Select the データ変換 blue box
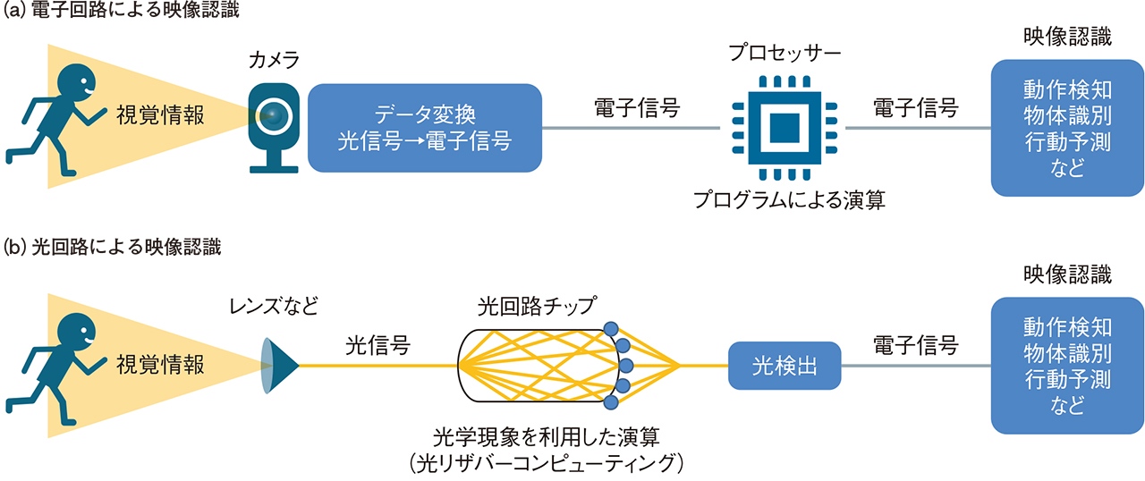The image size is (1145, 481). (425, 128)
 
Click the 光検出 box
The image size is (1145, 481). (785, 366)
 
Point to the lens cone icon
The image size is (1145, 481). (279, 366)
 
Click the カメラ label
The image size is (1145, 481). (274, 61)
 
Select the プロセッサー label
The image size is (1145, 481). (784, 53)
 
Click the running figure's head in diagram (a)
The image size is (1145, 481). (74, 86)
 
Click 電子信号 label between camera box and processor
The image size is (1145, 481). (637, 108)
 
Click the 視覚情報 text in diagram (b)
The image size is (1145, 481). (161, 365)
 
